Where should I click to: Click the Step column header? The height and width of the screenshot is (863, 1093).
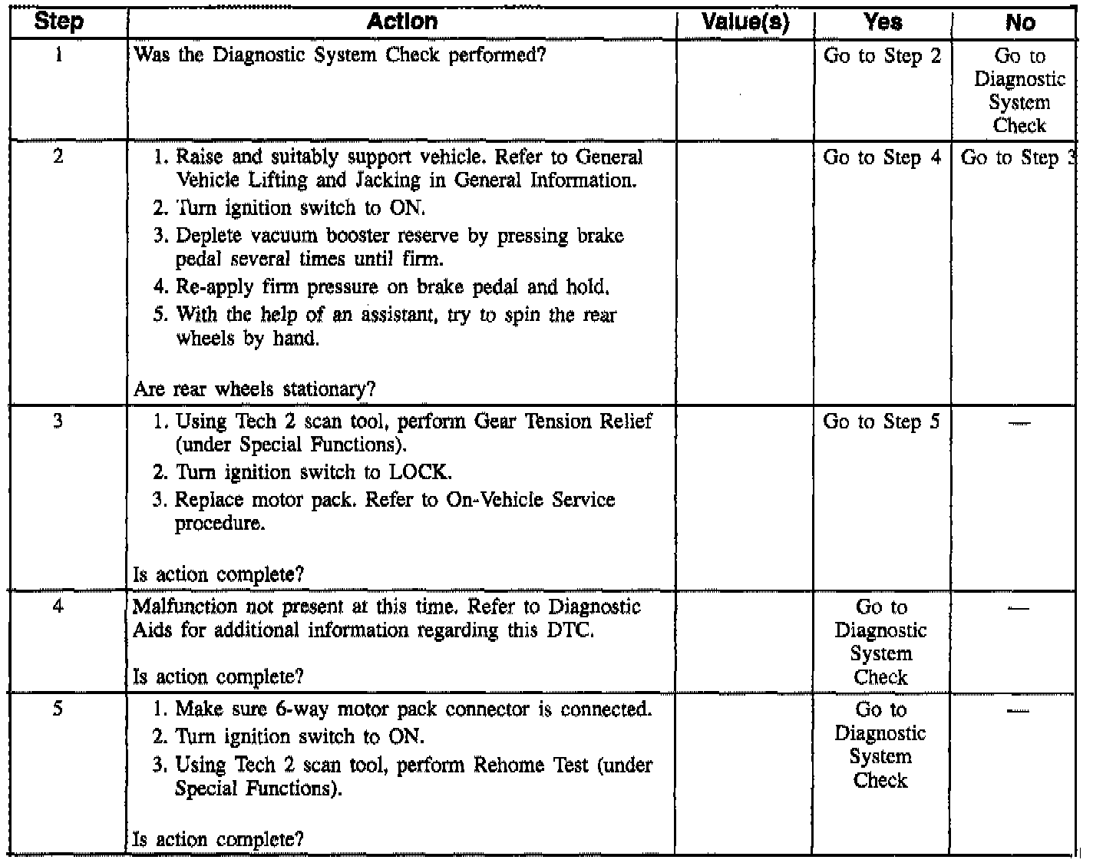[59, 21]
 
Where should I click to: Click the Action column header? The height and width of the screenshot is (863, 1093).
[401, 21]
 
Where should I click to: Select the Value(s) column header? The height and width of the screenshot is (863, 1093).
[745, 22]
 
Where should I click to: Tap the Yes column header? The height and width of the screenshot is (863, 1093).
[883, 22]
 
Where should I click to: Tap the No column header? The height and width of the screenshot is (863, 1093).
[1020, 23]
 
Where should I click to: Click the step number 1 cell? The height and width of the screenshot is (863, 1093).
[59, 55]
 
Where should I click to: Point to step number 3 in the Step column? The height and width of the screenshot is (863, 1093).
[58, 421]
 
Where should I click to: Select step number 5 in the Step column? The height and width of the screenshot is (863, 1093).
[58, 709]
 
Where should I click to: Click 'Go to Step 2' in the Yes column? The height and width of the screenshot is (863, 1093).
[882, 56]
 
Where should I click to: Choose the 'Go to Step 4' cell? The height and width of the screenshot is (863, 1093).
[882, 157]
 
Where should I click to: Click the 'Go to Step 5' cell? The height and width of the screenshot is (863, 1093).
[881, 422]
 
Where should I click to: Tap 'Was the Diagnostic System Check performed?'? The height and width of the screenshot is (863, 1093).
[339, 55]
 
